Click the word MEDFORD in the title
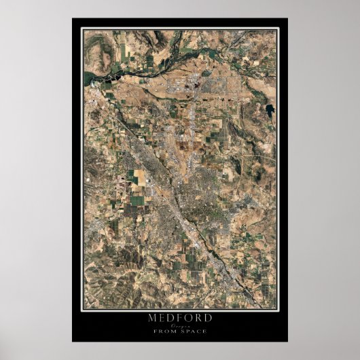(x=179, y=317)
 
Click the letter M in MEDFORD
(x=151, y=317)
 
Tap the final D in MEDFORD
(x=208, y=317)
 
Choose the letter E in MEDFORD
(x=160, y=317)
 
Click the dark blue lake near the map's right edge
(x=271, y=109)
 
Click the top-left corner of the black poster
(x=73, y=19)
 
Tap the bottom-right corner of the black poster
(x=287, y=341)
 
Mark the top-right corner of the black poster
(x=287, y=19)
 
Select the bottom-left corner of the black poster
(x=73, y=341)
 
